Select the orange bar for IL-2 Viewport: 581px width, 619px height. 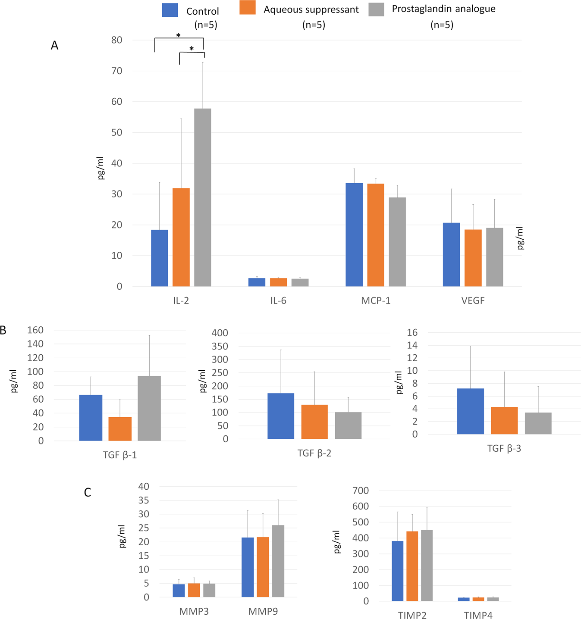coord(181,237)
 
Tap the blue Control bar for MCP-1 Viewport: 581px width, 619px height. coord(354,234)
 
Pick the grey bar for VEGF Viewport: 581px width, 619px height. coord(494,257)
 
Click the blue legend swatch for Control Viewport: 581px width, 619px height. coord(170,10)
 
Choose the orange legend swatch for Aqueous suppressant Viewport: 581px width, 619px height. coord(248,7)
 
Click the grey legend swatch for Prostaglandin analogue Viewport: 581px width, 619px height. coord(376,9)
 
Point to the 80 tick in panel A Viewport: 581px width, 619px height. coord(116,40)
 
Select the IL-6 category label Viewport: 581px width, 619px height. coord(278,300)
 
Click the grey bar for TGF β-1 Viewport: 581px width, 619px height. coord(149,408)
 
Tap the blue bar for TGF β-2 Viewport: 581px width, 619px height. coord(281,416)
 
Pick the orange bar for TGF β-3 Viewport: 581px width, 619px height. coord(504,420)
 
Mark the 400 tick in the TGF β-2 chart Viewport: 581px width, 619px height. coord(220,333)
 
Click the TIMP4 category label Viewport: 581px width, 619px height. coord(478,615)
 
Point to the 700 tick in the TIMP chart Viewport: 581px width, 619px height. coord(360,491)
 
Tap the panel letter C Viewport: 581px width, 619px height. coord(88,492)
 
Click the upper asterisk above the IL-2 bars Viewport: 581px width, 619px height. coord(178,35)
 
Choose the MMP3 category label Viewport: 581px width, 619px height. coord(194,611)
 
